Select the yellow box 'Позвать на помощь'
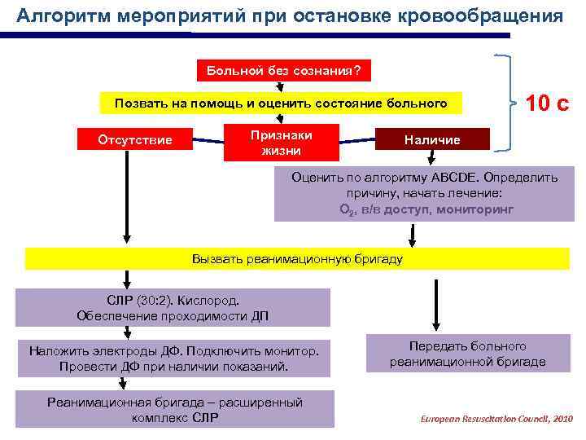(x=281, y=103)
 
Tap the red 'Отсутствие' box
(x=135, y=139)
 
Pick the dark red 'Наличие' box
(x=432, y=140)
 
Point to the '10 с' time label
(x=548, y=103)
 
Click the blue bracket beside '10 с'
(x=505, y=103)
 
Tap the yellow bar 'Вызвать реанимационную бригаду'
(x=297, y=258)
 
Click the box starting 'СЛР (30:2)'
(x=173, y=307)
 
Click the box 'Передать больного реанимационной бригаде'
(x=467, y=354)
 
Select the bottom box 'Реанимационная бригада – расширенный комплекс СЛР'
(x=174, y=409)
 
